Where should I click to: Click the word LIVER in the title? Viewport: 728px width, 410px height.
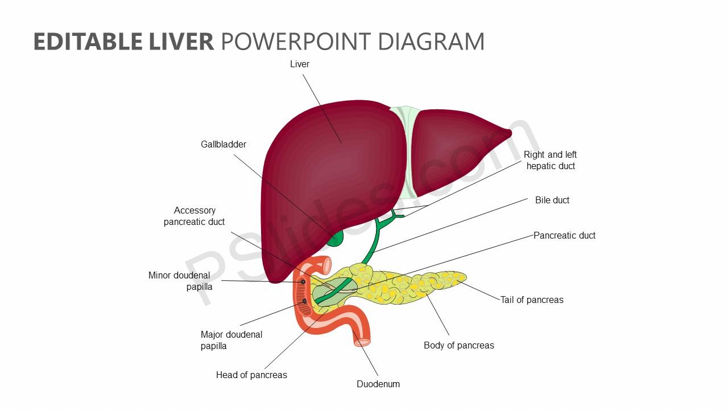pyautogui.click(x=181, y=42)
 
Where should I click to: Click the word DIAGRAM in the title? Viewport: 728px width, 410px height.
pyautogui.click(x=431, y=42)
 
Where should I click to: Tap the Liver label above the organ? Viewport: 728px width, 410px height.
pyautogui.click(x=299, y=64)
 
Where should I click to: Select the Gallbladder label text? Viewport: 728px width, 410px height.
pyautogui.click(x=224, y=144)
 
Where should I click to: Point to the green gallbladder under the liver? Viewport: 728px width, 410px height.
pyautogui.click(x=335, y=239)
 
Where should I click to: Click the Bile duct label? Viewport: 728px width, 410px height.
pyautogui.click(x=552, y=200)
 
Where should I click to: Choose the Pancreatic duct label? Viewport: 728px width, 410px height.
pyautogui.click(x=564, y=235)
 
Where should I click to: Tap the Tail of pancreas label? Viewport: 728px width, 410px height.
pyautogui.click(x=532, y=300)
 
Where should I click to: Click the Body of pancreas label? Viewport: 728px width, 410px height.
pyautogui.click(x=458, y=345)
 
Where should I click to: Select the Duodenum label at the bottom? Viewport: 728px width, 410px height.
pyautogui.click(x=378, y=384)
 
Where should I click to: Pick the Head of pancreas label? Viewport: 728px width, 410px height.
pyautogui.click(x=251, y=375)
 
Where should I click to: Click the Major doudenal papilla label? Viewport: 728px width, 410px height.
pyautogui.click(x=231, y=340)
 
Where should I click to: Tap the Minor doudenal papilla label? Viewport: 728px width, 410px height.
pyautogui.click(x=180, y=281)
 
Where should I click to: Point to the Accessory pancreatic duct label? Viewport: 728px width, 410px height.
pyautogui.click(x=194, y=216)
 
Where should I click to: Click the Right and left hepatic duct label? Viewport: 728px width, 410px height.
pyautogui.click(x=550, y=160)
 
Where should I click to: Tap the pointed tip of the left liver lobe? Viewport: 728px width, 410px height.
pyautogui.click(x=510, y=133)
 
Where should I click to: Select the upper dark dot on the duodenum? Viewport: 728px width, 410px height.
pyautogui.click(x=303, y=282)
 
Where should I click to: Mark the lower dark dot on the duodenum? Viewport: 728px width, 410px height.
pyautogui.click(x=304, y=301)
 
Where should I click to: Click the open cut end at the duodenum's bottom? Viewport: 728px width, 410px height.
pyautogui.click(x=362, y=342)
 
